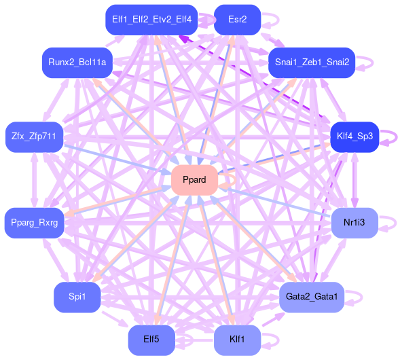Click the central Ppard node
[194, 180]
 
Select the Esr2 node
[237, 20]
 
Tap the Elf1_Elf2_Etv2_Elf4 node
[151, 20]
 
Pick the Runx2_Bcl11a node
[77, 62]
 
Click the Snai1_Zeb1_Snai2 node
[312, 62]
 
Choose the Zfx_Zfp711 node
[34, 137]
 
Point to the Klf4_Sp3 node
[354, 137]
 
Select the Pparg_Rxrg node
[34, 223]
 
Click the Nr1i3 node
[354, 223]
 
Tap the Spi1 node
[77, 298]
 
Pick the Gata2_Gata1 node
[312, 298]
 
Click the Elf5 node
[151, 340]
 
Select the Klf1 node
[237, 340]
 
